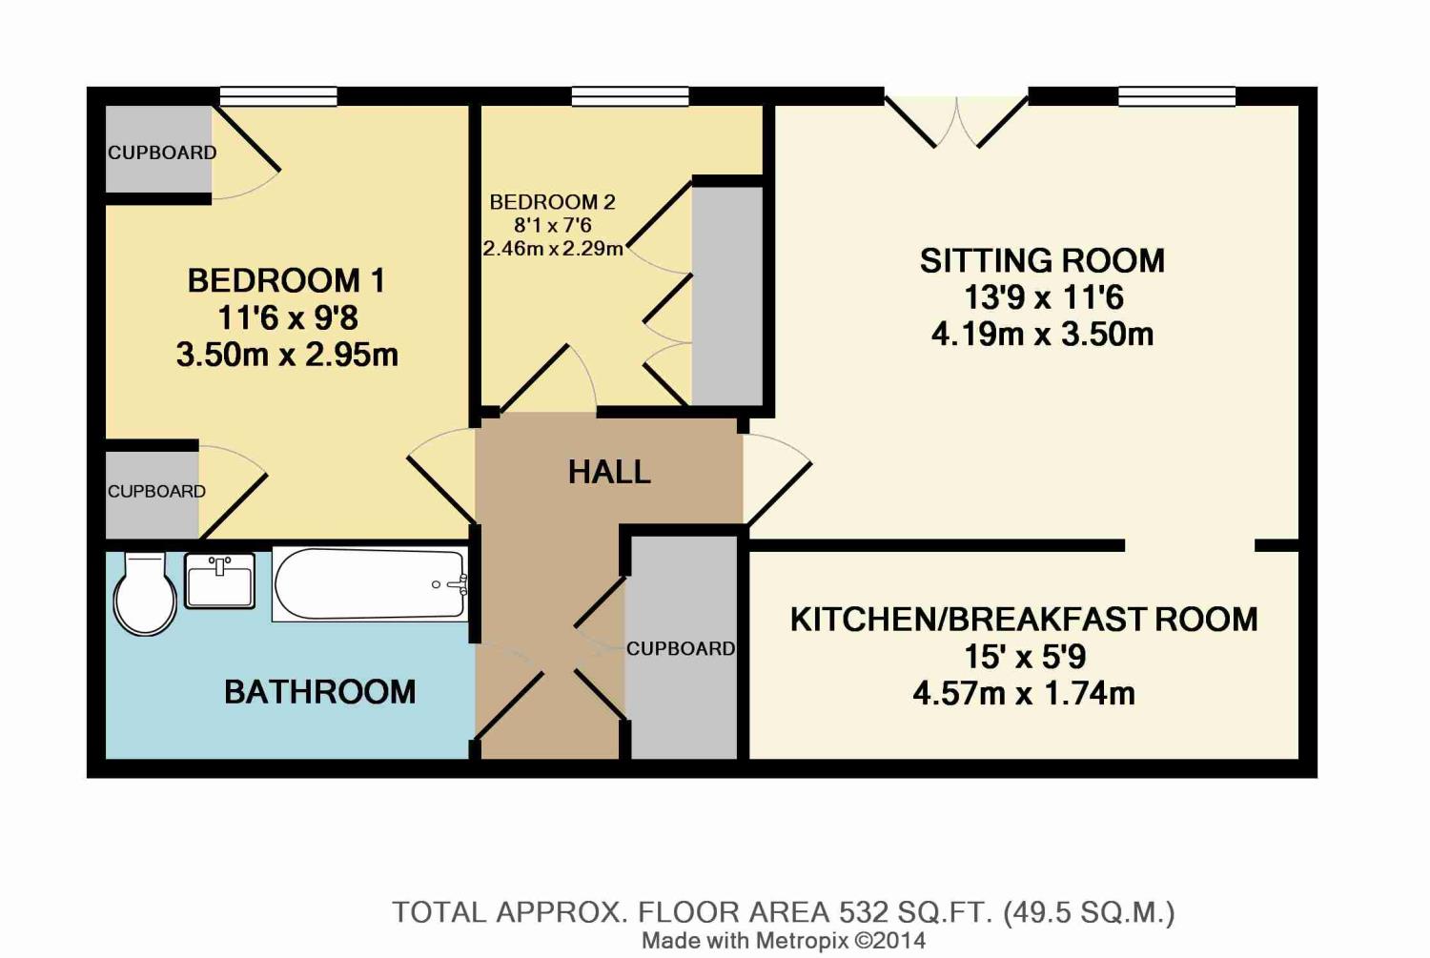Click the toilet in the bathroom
tap(146, 594)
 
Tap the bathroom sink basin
tap(219, 581)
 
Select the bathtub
tap(370, 584)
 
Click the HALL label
tap(609, 473)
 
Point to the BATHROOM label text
tap(319, 692)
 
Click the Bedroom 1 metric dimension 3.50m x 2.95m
tap(287, 356)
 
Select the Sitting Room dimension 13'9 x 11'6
tap(1043, 297)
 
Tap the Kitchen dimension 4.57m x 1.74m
tap(1024, 694)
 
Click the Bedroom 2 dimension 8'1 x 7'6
tap(553, 225)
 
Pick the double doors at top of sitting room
tap(956, 121)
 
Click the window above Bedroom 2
tap(630, 97)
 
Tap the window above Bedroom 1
tap(278, 97)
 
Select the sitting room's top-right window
tap(1177, 97)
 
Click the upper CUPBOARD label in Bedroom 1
tap(162, 153)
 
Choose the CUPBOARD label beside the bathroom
tap(156, 492)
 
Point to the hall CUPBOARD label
tap(681, 649)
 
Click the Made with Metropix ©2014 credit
tap(784, 941)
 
